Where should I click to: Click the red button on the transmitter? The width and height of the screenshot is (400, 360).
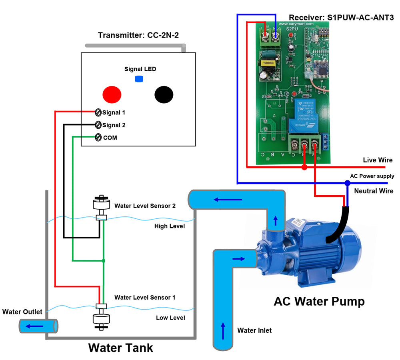pyautogui.click(x=112, y=95)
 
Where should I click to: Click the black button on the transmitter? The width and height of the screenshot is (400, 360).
pyautogui.click(x=164, y=95)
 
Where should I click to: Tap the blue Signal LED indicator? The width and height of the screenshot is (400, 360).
pyautogui.click(x=139, y=79)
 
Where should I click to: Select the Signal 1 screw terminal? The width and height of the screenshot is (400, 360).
pyautogui.click(x=98, y=112)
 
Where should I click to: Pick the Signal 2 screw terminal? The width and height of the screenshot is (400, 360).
pyautogui.click(x=98, y=125)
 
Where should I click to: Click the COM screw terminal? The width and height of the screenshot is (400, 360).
pyautogui.click(x=98, y=137)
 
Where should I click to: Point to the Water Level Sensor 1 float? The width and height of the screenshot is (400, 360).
pyautogui.click(x=102, y=319)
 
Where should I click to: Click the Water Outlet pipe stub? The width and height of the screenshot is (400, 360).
pyautogui.click(x=38, y=326)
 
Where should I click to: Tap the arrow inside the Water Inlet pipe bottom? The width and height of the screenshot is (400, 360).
pyautogui.click(x=223, y=330)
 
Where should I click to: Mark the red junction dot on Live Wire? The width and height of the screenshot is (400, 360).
pyautogui.click(x=304, y=167)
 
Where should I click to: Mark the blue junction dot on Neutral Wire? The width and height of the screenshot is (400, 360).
pyautogui.click(x=347, y=183)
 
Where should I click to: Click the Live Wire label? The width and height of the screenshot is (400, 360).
pyautogui.click(x=378, y=160)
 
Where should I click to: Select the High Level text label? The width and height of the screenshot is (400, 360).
pyautogui.click(x=170, y=226)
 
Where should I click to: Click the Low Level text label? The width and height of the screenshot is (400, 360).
pyautogui.click(x=170, y=318)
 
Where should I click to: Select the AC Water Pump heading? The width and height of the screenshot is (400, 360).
pyautogui.click(x=319, y=301)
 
